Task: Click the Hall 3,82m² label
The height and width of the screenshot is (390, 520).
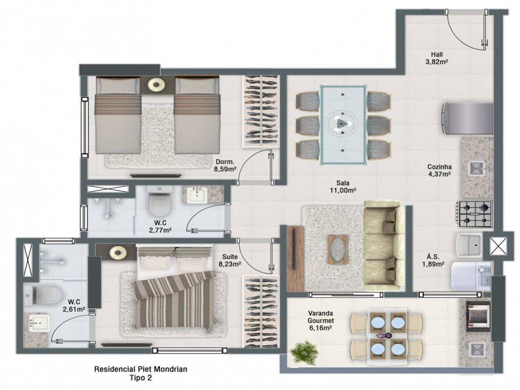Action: [437, 58]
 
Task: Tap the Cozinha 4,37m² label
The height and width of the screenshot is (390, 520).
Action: [439, 170]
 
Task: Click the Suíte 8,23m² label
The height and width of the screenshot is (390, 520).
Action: [230, 261]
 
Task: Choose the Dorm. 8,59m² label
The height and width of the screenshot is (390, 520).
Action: [225, 166]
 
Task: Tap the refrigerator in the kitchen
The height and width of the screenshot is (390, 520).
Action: [467, 118]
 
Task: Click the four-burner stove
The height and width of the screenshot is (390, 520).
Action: [475, 214]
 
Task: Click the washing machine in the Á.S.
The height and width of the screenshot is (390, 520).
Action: [471, 277]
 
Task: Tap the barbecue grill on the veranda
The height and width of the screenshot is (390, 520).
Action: [478, 316]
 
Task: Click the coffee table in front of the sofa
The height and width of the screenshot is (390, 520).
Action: [338, 250]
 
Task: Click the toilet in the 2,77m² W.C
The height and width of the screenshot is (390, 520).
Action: [159, 201]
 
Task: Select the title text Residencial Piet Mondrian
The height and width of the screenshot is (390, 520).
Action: [141, 369]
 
